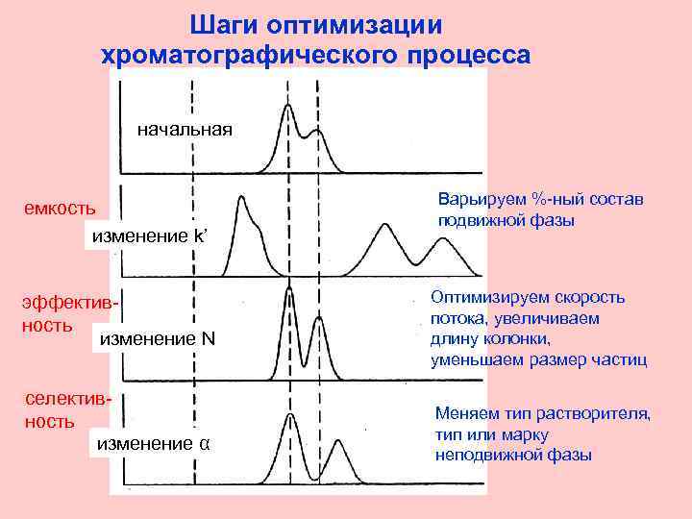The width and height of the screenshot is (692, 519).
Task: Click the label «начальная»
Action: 185,129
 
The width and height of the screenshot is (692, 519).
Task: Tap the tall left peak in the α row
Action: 289,416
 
